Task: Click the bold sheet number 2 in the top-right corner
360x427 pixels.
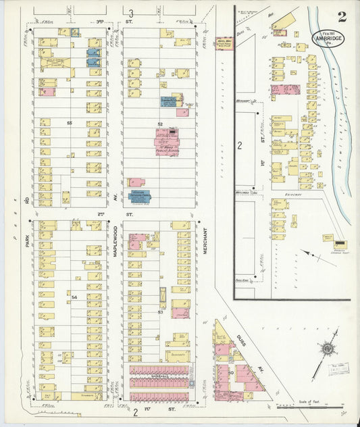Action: (342, 17)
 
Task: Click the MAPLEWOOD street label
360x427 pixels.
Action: (115, 240)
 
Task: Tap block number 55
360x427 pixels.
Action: (70, 123)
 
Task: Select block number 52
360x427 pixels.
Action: (160, 124)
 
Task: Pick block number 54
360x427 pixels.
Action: (75, 297)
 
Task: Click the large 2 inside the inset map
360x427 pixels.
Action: (240, 146)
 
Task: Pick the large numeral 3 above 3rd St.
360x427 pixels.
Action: (131, 13)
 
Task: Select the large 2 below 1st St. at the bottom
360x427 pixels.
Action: (135, 411)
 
